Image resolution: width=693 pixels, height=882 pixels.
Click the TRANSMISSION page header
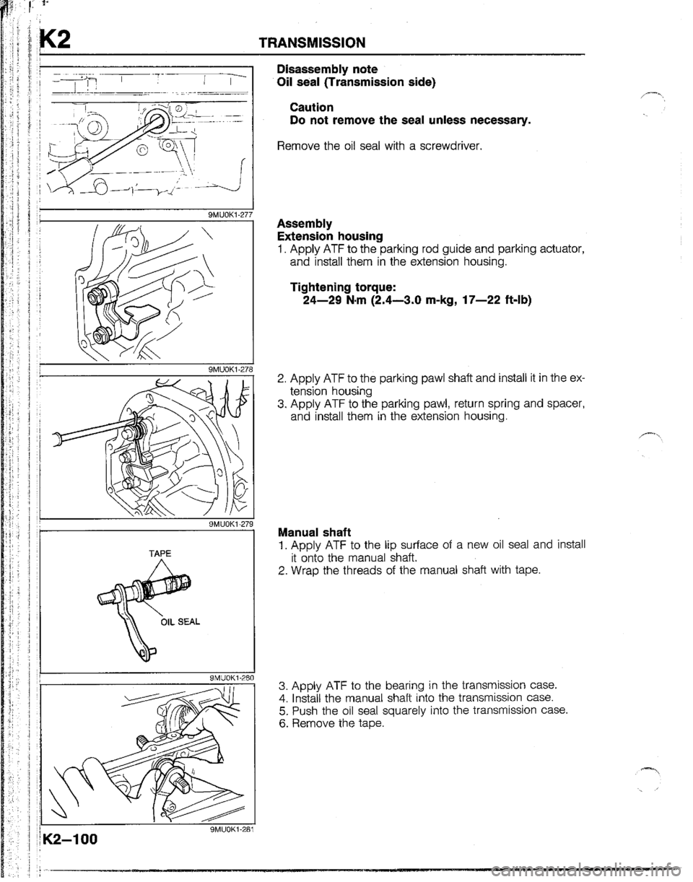(313, 42)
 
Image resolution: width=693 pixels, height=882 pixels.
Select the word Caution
(312, 107)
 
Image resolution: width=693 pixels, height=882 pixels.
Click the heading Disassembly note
(327, 69)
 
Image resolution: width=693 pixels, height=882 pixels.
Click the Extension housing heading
(330, 236)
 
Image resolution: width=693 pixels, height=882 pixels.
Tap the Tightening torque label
(344, 287)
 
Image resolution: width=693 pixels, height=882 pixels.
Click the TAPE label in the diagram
(160, 553)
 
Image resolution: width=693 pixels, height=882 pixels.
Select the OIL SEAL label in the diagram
(180, 622)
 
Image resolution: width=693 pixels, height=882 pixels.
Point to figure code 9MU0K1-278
(230, 370)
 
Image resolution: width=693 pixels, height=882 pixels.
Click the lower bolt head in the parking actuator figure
(99, 336)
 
